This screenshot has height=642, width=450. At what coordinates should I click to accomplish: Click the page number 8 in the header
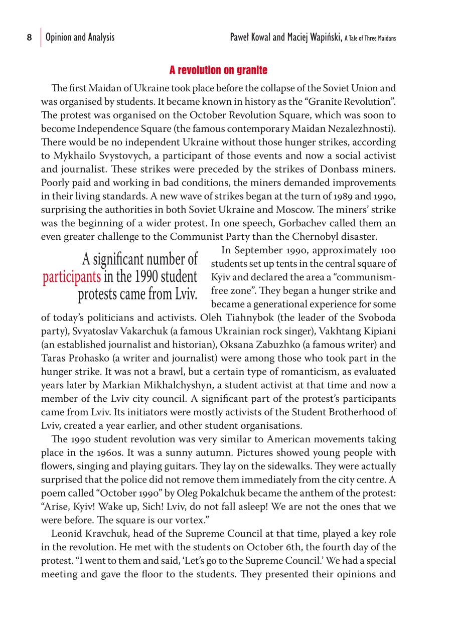tap(29, 38)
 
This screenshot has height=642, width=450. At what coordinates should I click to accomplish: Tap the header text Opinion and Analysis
tap(80, 38)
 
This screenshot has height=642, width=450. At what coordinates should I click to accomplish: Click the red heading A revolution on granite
tap(218, 69)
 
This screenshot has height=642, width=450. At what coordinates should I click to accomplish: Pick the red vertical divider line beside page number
tap(41, 38)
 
